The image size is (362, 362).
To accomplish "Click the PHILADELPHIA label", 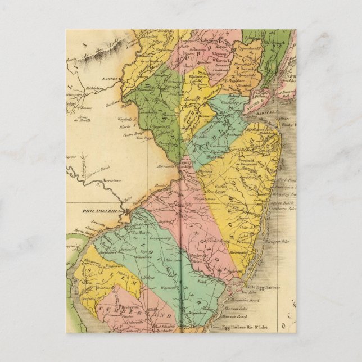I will point(102,211).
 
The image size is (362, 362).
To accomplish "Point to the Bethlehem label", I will point(92,88).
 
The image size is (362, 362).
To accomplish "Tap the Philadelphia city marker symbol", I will point(128,212).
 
